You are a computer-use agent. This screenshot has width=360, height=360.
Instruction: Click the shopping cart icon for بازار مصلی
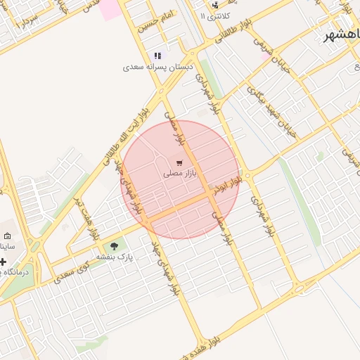[x=180, y=162]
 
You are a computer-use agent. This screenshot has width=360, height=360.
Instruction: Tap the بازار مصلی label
[x=180, y=173]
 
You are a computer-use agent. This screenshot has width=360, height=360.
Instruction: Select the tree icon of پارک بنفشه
[x=115, y=246]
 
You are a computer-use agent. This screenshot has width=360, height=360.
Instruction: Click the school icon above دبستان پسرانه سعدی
[x=157, y=56]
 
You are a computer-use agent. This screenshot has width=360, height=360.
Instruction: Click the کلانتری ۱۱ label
[x=214, y=15]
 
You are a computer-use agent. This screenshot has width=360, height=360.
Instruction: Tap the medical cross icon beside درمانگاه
[x=3, y=262]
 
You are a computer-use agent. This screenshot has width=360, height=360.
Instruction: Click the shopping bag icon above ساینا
[x=7, y=236]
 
